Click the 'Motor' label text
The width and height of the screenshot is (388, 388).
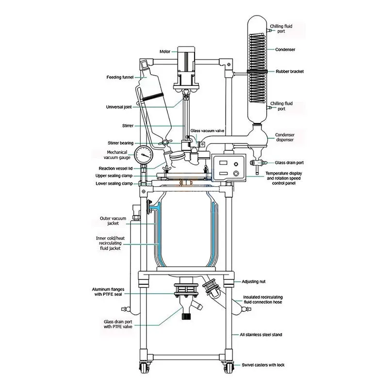(x=165, y=51)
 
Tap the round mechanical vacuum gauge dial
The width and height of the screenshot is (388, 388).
(x=144, y=155)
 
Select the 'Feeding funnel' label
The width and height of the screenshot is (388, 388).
(x=120, y=77)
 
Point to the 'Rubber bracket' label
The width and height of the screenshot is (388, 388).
(x=290, y=71)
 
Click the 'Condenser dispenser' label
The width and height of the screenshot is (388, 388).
(x=285, y=137)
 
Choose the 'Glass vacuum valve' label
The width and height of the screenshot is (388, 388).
(x=208, y=130)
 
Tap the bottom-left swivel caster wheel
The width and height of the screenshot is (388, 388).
(x=144, y=368)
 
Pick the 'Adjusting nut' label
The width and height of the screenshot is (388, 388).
(x=254, y=281)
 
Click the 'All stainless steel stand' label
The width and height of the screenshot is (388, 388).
(x=261, y=335)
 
